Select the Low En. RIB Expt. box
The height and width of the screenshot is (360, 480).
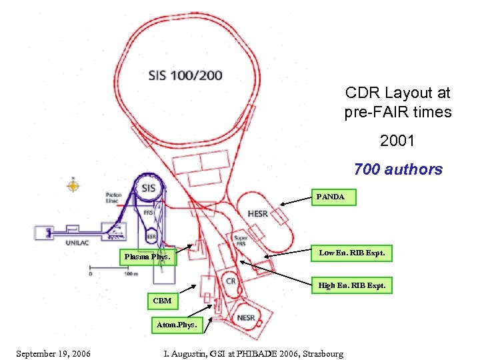[351, 253]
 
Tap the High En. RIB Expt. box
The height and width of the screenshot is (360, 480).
[351, 285]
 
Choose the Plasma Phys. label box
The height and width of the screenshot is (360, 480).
[147, 257]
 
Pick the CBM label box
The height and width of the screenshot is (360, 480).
[162, 301]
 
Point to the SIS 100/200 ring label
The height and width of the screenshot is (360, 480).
[185, 75]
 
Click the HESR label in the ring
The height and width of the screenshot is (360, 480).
[257, 214]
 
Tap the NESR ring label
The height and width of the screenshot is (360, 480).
[246, 318]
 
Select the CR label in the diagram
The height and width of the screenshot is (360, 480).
[231, 281]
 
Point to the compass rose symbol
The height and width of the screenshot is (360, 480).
[73, 186]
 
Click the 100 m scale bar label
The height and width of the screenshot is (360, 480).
[131, 274]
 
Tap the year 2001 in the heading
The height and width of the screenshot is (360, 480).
[397, 141]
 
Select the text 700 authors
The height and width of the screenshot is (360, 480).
[398, 169]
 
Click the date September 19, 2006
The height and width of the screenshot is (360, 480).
[53, 353]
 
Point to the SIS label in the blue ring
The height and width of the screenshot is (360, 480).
[148, 188]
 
